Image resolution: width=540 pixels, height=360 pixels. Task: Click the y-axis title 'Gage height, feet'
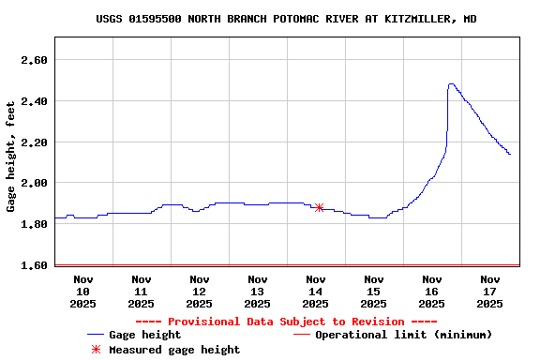click(x=11, y=156)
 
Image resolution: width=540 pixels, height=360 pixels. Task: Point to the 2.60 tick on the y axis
click(x=35, y=60)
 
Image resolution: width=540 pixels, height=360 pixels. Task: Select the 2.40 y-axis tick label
click(x=35, y=101)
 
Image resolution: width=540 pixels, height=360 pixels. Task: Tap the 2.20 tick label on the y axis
click(x=35, y=142)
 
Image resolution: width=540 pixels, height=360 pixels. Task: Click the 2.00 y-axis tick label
click(x=35, y=183)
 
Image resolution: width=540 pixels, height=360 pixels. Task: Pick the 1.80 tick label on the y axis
click(x=35, y=224)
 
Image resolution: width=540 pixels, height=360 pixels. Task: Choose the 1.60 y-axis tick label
click(x=35, y=265)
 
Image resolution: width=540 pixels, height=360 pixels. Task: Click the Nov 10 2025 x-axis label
click(x=83, y=291)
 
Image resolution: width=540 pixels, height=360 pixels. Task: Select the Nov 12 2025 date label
click(x=200, y=291)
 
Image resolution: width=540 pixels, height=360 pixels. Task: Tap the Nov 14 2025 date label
click(x=316, y=291)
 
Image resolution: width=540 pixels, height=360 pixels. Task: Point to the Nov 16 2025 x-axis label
click(x=432, y=291)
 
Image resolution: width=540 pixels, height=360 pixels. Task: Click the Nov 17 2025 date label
click(x=490, y=291)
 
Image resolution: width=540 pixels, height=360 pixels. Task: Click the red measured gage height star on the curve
click(x=320, y=207)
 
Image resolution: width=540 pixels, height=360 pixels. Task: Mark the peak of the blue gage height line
click(x=451, y=84)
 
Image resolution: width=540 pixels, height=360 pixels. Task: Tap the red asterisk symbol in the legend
click(x=95, y=350)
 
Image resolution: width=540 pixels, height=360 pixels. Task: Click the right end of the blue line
click(x=510, y=154)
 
